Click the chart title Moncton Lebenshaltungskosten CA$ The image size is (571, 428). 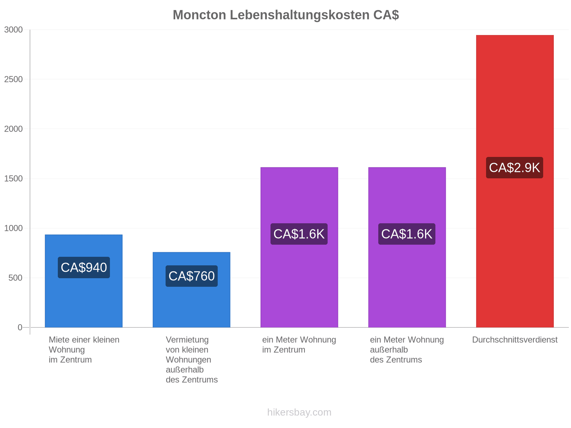coord(285,15)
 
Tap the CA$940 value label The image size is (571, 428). coord(84,267)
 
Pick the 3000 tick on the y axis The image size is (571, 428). coord(13,30)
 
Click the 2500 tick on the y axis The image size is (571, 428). coord(13,79)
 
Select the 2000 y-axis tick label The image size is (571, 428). coord(13,129)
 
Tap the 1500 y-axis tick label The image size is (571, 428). coord(13,179)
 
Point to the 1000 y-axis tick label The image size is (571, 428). coord(13,228)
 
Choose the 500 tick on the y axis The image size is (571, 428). coord(15,278)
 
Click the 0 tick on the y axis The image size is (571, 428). coord(20,327)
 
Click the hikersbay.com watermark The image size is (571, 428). coord(299,412)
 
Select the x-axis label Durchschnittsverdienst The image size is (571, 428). coord(514,340)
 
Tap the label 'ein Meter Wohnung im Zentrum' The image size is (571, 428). coord(299,345)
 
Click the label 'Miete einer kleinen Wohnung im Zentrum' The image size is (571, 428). coord(84,350)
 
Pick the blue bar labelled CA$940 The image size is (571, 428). coord(84,281)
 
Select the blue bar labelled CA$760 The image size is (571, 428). coord(191,290)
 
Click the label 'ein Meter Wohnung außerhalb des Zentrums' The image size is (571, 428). coord(406,350)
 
